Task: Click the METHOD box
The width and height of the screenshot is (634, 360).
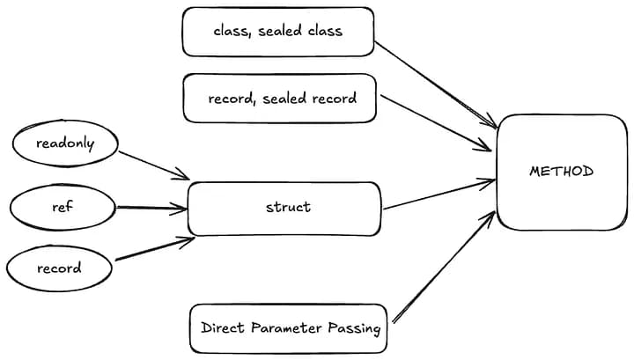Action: pos(562,172)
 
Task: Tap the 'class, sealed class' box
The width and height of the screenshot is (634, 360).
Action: pos(277,32)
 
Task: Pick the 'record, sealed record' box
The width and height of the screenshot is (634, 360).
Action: pos(282,98)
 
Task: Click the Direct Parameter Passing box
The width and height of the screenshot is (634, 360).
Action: pos(290,328)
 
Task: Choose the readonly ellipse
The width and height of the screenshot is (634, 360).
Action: pos(64,143)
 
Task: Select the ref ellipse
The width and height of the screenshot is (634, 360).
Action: pos(63,208)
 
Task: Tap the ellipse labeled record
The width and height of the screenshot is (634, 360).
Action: pos(59,268)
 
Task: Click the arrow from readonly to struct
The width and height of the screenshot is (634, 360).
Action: pos(153,164)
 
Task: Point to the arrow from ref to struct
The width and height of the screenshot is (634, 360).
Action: pos(151,209)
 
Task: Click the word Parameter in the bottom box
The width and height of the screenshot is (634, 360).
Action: pos(291,328)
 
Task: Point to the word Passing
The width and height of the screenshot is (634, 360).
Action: pos(356,328)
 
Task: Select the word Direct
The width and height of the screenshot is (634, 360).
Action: pos(224,328)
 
